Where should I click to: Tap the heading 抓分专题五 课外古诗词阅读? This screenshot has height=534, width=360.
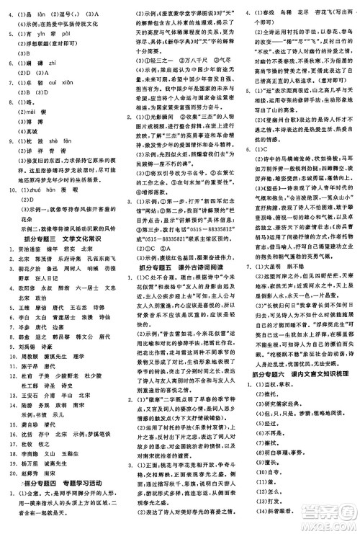[x=179, y=266]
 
